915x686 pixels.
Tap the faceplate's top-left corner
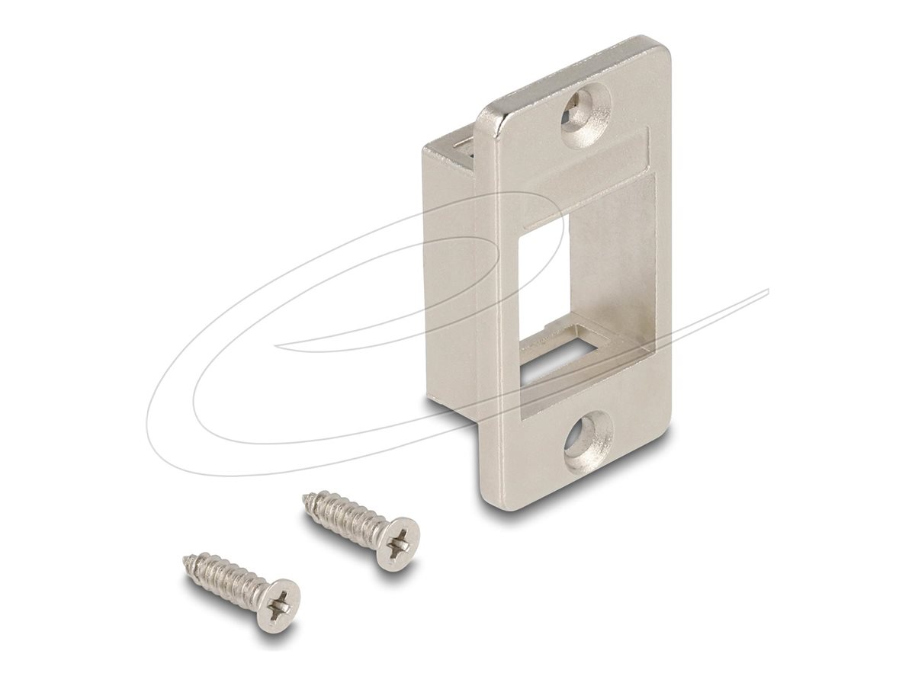[x=485, y=114]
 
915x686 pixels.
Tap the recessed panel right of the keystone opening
[x=621, y=290]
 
